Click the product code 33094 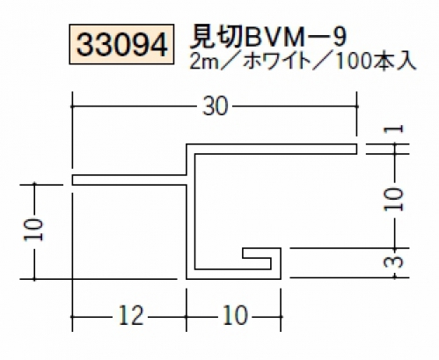pyautogui.click(x=121, y=44)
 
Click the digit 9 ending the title pyautogui.click(x=340, y=38)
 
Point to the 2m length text pyautogui.click(x=204, y=62)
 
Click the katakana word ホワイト pyautogui.click(x=277, y=62)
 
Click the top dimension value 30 pyautogui.click(x=216, y=106)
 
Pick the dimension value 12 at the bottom pyautogui.click(x=131, y=316)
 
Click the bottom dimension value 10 pyautogui.click(x=236, y=316)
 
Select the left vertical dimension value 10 pyautogui.click(x=33, y=230)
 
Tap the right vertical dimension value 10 pyautogui.click(x=394, y=200)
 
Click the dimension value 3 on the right pyautogui.click(x=396, y=262)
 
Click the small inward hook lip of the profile pyautogui.click(x=257, y=253)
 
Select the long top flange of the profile pyautogui.click(x=272, y=149)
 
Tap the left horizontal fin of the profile pyautogui.click(x=129, y=180)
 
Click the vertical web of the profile pyautogui.click(x=190, y=211)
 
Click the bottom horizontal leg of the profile pyautogui.click(x=234, y=274)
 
